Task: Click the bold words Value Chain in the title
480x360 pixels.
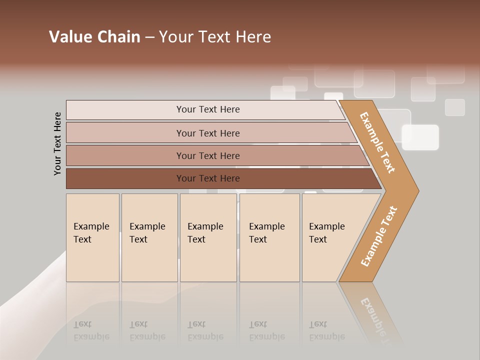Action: point(94,37)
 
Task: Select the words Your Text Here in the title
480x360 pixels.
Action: point(215,37)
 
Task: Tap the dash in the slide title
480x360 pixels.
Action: point(149,37)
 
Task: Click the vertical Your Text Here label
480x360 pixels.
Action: point(57,143)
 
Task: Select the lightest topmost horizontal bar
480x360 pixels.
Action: point(207,109)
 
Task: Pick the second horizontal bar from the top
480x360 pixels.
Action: point(207,133)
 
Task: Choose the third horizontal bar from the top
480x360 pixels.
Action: point(207,155)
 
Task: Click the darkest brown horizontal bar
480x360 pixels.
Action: point(207,178)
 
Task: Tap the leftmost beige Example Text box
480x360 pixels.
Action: point(92,237)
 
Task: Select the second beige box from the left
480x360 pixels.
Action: point(149,237)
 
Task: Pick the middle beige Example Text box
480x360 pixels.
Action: point(208,237)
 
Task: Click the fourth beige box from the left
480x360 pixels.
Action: point(269,237)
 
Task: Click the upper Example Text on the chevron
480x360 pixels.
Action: point(377,142)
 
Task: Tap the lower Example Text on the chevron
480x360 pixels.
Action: point(379,236)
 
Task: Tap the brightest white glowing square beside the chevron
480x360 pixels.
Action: point(420,137)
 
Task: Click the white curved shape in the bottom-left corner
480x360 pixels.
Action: point(30,310)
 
